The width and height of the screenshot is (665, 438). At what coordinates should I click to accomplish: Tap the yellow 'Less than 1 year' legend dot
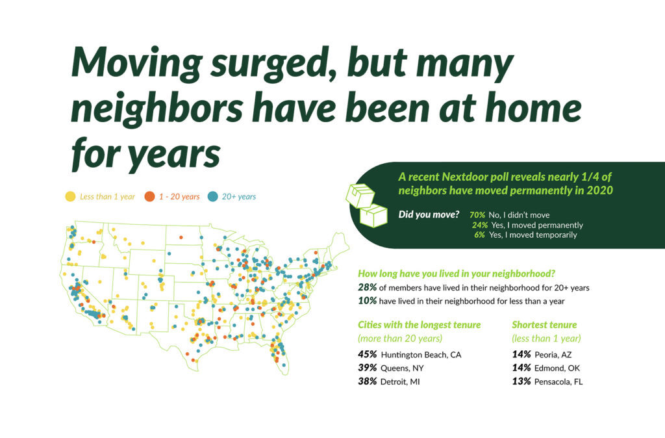tap(70, 196)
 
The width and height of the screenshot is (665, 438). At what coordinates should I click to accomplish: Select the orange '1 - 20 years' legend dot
tap(149, 196)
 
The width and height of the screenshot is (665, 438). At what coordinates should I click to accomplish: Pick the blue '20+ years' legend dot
tap(212, 196)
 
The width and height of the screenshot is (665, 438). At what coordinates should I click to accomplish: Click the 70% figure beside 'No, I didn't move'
tap(477, 215)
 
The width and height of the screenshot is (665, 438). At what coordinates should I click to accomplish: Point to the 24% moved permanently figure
tap(480, 225)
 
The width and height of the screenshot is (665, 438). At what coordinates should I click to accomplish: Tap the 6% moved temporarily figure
tap(479, 235)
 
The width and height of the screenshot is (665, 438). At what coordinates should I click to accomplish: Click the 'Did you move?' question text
tap(429, 214)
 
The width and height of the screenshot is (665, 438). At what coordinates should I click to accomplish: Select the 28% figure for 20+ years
tap(368, 287)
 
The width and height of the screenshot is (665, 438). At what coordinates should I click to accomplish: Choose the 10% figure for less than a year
tap(368, 300)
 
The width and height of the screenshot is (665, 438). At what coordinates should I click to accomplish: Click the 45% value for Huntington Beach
tap(368, 354)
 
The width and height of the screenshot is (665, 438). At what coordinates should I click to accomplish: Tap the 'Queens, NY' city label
tap(402, 368)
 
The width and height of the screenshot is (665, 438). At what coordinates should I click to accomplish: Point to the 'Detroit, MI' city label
tap(400, 381)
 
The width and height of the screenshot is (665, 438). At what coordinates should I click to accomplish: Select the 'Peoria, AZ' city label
tap(553, 354)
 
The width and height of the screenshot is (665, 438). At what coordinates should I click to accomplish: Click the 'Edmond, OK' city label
tap(557, 368)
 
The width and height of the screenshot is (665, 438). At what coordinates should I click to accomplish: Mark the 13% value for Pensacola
tap(521, 381)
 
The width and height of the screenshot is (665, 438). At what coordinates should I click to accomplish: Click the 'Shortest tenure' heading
tap(544, 325)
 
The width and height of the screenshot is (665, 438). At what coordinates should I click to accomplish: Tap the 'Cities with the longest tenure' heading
tap(420, 325)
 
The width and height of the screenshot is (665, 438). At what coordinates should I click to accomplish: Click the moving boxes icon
tap(367, 205)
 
